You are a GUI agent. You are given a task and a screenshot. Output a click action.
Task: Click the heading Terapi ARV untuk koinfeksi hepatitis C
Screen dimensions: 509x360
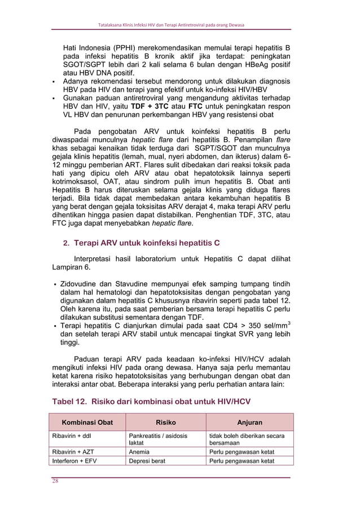click(x=147, y=243)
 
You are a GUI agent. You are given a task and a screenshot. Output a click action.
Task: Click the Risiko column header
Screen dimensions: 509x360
click(x=165, y=422)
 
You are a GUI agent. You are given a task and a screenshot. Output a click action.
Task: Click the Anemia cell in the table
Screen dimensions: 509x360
click(x=139, y=452)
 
